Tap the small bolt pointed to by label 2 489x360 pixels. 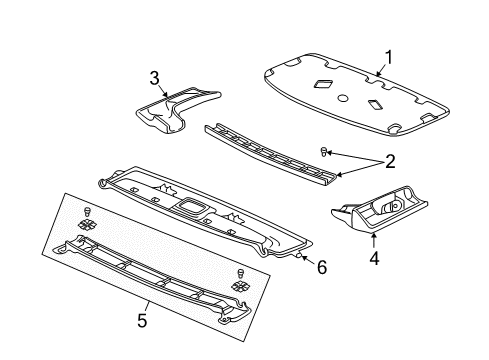tap(324, 151)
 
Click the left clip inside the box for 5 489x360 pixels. tap(87, 222)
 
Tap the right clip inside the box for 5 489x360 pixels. tap(240, 284)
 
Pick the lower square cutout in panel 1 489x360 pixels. tap(373, 103)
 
